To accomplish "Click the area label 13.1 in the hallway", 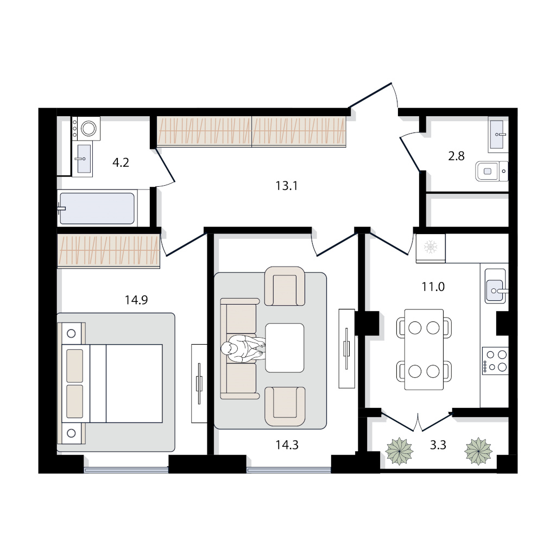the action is pyautogui.click(x=287, y=186).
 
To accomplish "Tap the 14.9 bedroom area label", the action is pyautogui.click(x=136, y=300).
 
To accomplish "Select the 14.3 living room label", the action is pyautogui.click(x=287, y=445).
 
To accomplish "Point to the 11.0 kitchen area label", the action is pyautogui.click(x=433, y=287).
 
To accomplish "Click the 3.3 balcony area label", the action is pyautogui.click(x=438, y=445).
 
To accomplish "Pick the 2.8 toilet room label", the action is pyautogui.click(x=456, y=156).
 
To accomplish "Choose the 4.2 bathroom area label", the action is pyautogui.click(x=121, y=163).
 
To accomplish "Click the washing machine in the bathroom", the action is pyautogui.click(x=86, y=128).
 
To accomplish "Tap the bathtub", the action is pyautogui.click(x=97, y=208).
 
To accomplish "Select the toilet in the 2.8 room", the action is pyautogui.click(x=492, y=171).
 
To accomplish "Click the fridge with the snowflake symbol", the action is pyautogui.click(x=431, y=248).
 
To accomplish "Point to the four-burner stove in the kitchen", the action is pyautogui.click(x=495, y=361).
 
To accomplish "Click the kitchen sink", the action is pyautogui.click(x=495, y=286).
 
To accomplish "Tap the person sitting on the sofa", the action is pyautogui.click(x=243, y=349).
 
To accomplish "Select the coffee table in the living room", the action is pyautogui.click(x=285, y=347).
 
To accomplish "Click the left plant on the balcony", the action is pyautogui.click(x=399, y=451).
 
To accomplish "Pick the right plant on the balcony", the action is pyautogui.click(x=478, y=451).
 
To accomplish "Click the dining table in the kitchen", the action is pyautogui.click(x=424, y=350).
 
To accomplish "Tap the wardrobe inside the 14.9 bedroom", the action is pyautogui.click(x=109, y=250).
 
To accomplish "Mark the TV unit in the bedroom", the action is pyautogui.click(x=199, y=383).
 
